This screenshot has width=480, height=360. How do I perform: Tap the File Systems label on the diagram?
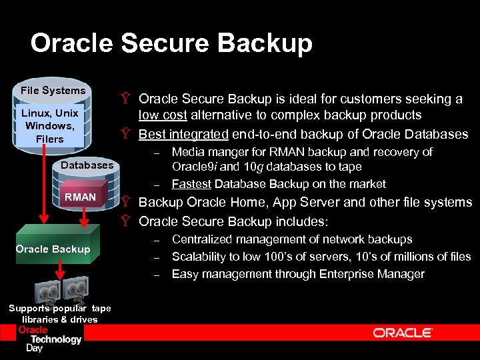(53, 91)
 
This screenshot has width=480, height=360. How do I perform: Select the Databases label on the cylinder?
(87, 165)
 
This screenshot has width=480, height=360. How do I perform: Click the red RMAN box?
(80, 197)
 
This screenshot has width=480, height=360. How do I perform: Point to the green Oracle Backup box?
(53, 249)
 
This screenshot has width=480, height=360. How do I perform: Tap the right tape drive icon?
(74, 289)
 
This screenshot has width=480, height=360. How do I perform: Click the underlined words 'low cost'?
(162, 115)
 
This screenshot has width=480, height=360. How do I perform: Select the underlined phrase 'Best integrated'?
(183, 134)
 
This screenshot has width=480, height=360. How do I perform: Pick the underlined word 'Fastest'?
(191, 184)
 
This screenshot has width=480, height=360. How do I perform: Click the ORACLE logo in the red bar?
(402, 333)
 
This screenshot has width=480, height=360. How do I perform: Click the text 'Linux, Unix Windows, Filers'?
(50, 126)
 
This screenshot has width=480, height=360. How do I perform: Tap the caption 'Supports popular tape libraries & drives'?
(59, 313)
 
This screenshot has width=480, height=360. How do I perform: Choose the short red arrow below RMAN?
(85, 215)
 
